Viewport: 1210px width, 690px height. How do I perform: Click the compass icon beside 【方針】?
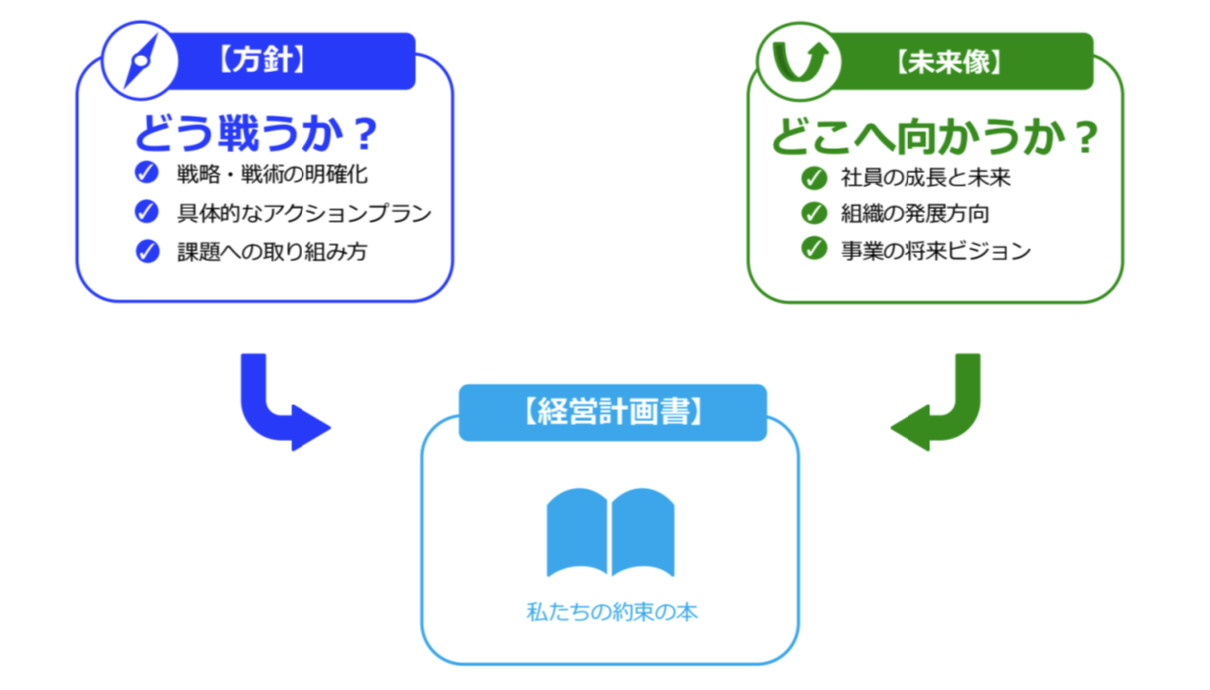pyautogui.click(x=139, y=62)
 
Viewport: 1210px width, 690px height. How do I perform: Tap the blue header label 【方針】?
pyautogui.click(x=259, y=61)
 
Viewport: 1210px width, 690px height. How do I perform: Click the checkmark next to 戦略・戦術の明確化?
pyautogui.click(x=147, y=174)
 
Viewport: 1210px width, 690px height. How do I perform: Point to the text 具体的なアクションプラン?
pyautogui.click(x=304, y=213)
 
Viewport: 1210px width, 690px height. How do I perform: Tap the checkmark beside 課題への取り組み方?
pyautogui.click(x=147, y=251)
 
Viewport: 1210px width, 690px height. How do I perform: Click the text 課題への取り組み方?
pyautogui.click(x=272, y=251)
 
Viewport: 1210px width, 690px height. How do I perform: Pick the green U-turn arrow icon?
pyautogui.click(x=797, y=61)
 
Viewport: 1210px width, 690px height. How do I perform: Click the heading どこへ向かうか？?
pyautogui.click(x=933, y=137)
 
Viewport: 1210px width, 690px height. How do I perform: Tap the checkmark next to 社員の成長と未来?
pyautogui.click(x=814, y=179)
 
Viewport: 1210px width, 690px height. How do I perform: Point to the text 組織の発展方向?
pyautogui.click(x=915, y=214)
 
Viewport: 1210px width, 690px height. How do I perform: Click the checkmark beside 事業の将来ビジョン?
pyautogui.click(x=814, y=249)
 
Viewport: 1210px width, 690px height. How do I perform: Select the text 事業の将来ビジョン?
pyautogui.click(x=935, y=250)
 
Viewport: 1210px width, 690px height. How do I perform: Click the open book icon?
pyautogui.click(x=610, y=532)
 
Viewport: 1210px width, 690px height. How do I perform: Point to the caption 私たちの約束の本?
pyautogui.click(x=611, y=612)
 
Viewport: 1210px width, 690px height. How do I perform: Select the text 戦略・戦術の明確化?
pyautogui.click(x=272, y=174)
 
